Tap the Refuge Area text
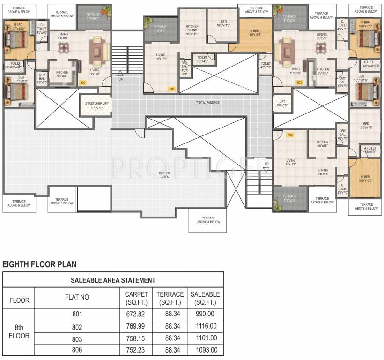pos(165,175)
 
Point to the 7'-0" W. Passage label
pos(207,102)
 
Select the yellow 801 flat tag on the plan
pos(172,88)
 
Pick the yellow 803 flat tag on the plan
pos(290,135)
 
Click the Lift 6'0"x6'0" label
pos(282,103)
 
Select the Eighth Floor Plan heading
pos(39,264)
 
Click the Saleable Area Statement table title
pos(113,280)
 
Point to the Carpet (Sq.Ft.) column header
pos(136,298)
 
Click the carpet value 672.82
pos(136,315)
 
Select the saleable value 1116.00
pos(205,326)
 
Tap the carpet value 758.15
pos(136,338)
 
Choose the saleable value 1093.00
pos(205,350)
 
